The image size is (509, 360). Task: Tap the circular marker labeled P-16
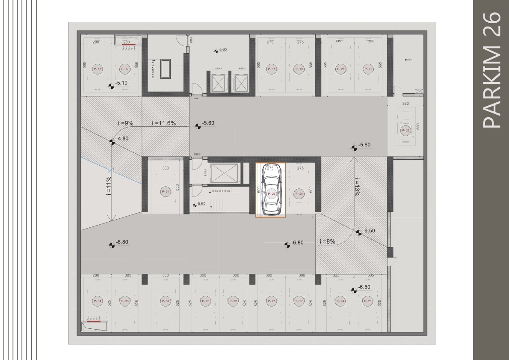98,69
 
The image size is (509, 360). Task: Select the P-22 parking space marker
405,131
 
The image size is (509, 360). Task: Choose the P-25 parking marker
299,194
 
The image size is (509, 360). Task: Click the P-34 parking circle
97,301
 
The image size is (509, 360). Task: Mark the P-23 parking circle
368,301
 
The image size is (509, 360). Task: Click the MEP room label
408,60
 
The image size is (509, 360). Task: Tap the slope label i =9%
126,123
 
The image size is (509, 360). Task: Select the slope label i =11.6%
164,123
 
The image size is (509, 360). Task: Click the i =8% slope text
327,241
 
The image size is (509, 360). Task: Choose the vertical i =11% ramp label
109,186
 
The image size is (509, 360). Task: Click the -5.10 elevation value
122,83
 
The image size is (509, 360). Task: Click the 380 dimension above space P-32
166,275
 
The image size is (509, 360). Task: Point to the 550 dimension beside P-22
419,127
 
